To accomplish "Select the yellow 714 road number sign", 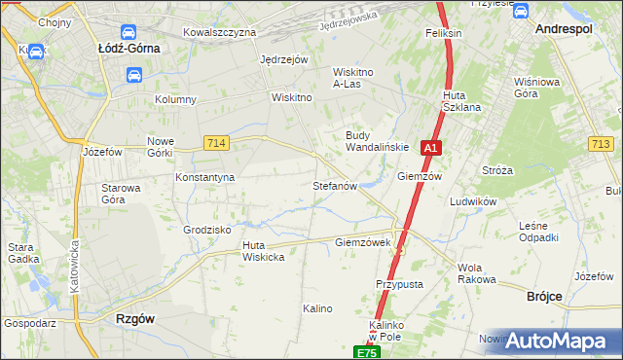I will [x=217, y=143].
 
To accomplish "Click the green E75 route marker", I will [x=365, y=352].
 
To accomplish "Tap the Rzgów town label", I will [x=136, y=318].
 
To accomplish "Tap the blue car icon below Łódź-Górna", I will [x=133, y=74].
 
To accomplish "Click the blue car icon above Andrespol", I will [x=520, y=12].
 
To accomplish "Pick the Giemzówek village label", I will [x=362, y=242].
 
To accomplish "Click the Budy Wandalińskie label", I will [x=371, y=141].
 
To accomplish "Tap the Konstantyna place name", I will [x=204, y=178].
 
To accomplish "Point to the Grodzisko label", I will [x=206, y=231].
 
